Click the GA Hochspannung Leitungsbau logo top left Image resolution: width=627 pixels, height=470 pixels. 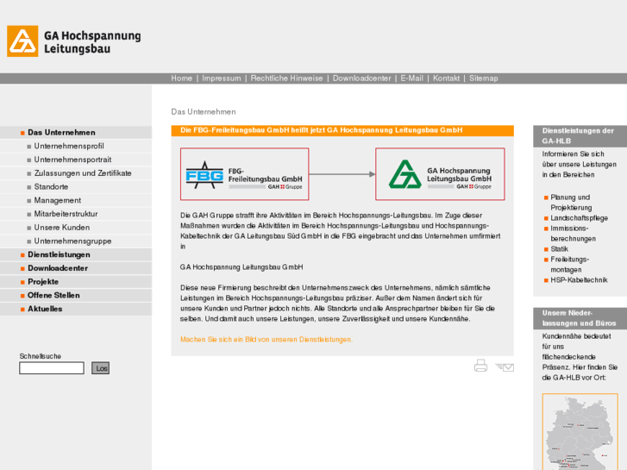point(73,41)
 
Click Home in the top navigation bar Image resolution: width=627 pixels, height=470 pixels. point(181,78)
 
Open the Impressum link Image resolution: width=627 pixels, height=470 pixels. point(222,78)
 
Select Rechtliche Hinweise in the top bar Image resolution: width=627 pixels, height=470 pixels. point(286,78)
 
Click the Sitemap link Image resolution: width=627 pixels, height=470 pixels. point(483,78)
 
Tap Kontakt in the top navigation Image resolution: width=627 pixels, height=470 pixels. point(446,78)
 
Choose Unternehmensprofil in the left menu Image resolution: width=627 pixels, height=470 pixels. point(69,147)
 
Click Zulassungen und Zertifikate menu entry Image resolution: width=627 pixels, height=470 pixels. point(83,173)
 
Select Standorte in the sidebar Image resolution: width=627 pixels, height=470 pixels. point(51,187)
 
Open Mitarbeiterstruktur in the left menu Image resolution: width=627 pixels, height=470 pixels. point(66,214)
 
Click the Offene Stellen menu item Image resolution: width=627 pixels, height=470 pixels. point(53,295)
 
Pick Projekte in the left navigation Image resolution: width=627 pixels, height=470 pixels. point(43,282)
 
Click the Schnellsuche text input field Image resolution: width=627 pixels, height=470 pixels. point(52,368)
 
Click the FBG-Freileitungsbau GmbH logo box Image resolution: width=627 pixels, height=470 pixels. point(244,174)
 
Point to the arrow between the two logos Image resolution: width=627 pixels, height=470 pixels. point(342,174)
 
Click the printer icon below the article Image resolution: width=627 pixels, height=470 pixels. point(480,366)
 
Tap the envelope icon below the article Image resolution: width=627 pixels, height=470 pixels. point(505,367)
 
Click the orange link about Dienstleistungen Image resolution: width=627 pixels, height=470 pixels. point(266,340)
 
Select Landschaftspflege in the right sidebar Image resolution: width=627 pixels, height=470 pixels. point(579,218)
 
